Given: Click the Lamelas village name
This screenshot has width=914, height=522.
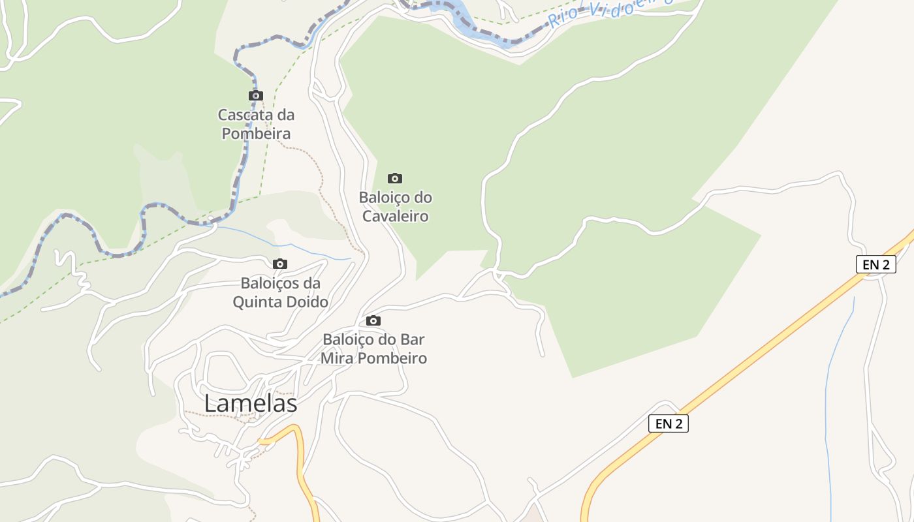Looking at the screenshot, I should click(251, 403).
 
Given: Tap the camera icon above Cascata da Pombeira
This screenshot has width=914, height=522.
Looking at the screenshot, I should click(256, 95).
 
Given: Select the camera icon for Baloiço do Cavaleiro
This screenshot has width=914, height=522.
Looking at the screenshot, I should click(395, 178).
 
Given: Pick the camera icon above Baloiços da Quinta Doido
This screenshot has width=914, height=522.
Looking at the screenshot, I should click(280, 264).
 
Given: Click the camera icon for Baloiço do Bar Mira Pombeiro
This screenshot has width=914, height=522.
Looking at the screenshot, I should click(373, 320).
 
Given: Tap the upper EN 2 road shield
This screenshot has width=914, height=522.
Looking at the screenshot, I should click(875, 264).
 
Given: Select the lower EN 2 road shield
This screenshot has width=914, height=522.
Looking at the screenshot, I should click(668, 423).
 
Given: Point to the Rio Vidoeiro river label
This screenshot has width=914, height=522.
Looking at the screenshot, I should click(607, 11).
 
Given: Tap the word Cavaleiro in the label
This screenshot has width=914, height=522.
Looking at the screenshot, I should click(395, 216).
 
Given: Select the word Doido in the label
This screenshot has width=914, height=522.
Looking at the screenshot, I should click(307, 302).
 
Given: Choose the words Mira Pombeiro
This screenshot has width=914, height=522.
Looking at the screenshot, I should click(373, 358).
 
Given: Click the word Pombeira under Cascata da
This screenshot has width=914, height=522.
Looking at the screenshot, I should click(256, 134).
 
